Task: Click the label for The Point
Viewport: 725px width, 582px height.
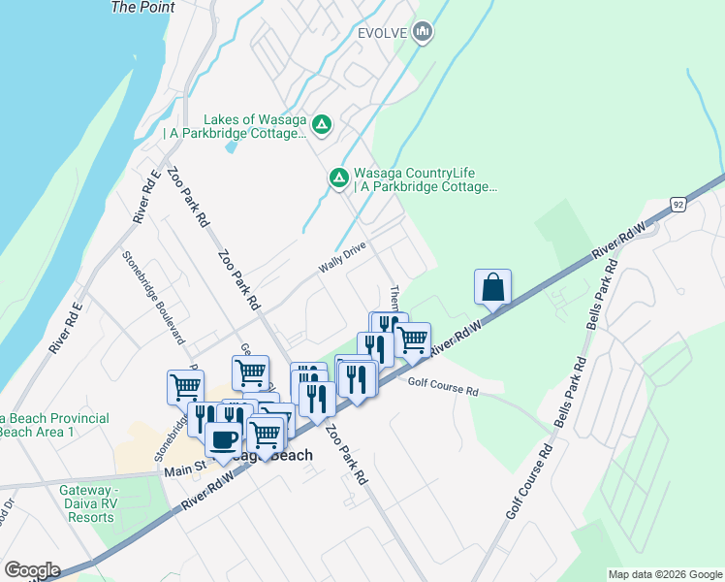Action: click(x=143, y=8)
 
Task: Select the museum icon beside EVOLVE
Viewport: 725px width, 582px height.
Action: click(x=422, y=33)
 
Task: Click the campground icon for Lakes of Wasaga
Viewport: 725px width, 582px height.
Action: click(x=322, y=124)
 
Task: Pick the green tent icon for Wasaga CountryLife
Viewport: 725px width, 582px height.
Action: click(x=339, y=177)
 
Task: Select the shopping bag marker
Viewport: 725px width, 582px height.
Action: click(x=492, y=287)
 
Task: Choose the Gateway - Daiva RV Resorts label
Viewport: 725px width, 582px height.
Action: click(x=88, y=503)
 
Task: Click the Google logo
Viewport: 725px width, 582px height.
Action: click(x=32, y=570)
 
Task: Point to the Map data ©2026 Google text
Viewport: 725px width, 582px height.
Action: click(x=664, y=574)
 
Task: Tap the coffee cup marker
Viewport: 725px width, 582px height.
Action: click(x=223, y=438)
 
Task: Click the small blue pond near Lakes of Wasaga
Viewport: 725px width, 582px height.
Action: click(x=230, y=149)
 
